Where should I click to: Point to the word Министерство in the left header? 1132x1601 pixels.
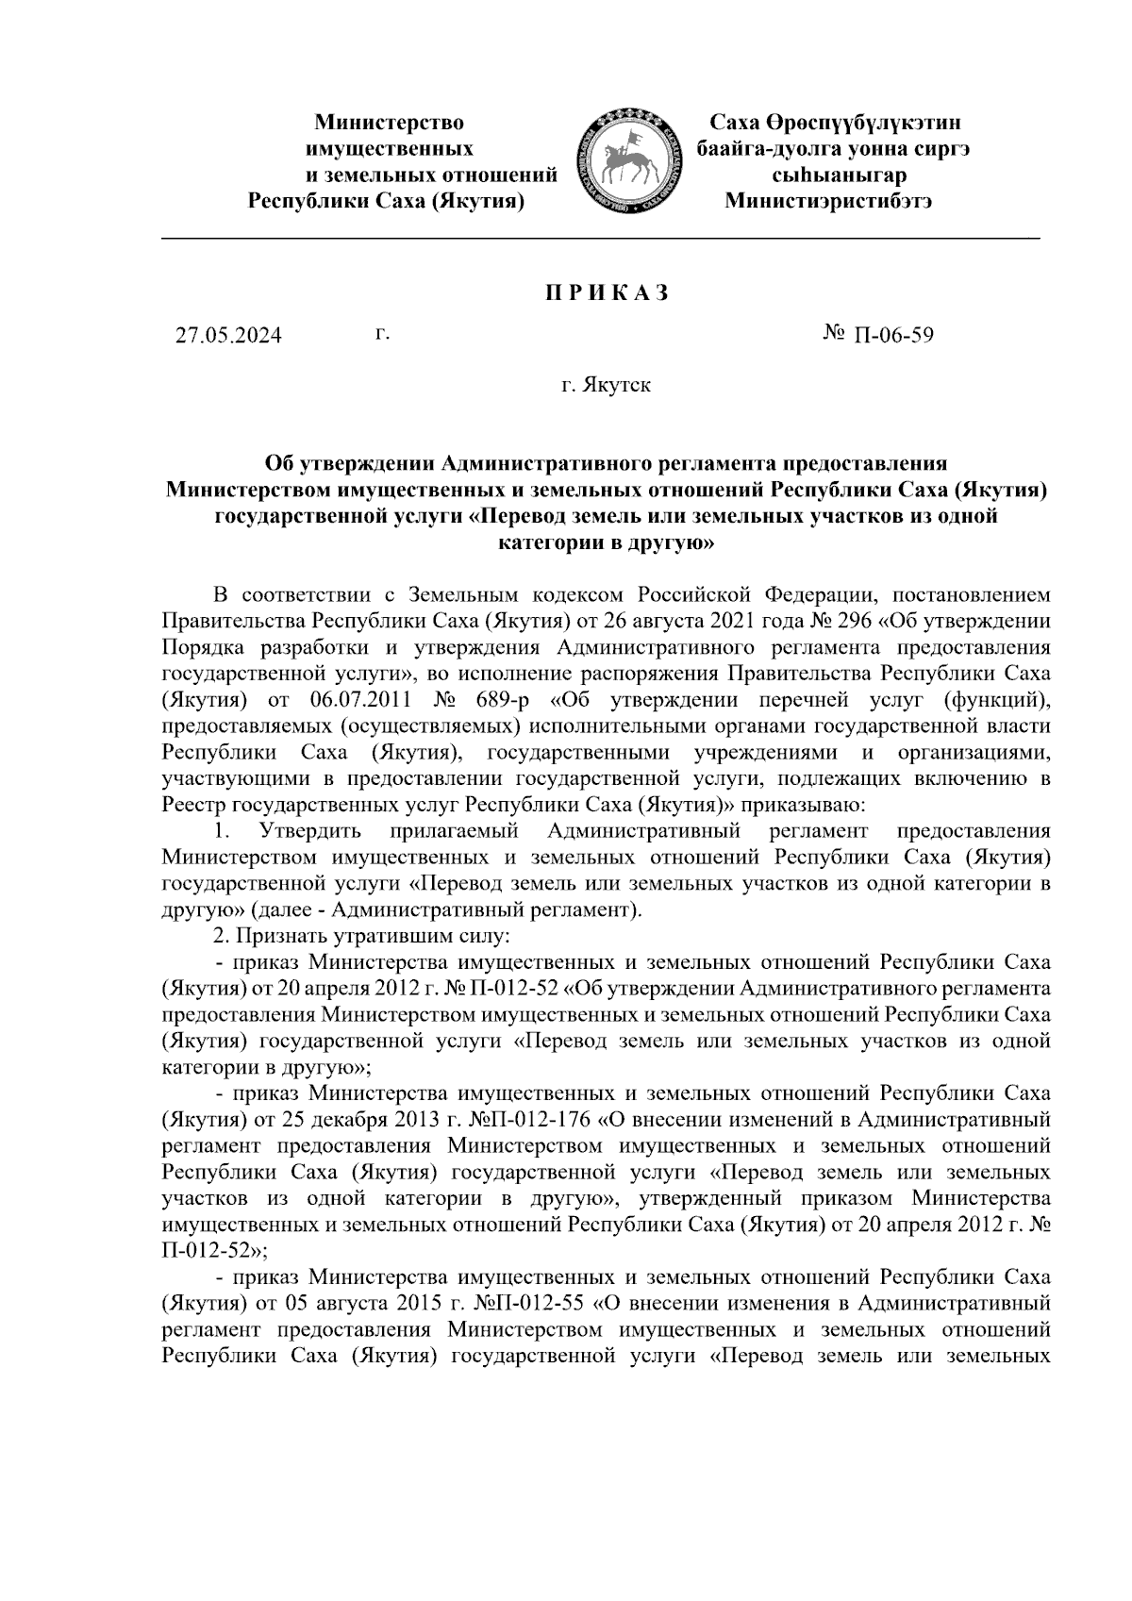[x=389, y=123]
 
